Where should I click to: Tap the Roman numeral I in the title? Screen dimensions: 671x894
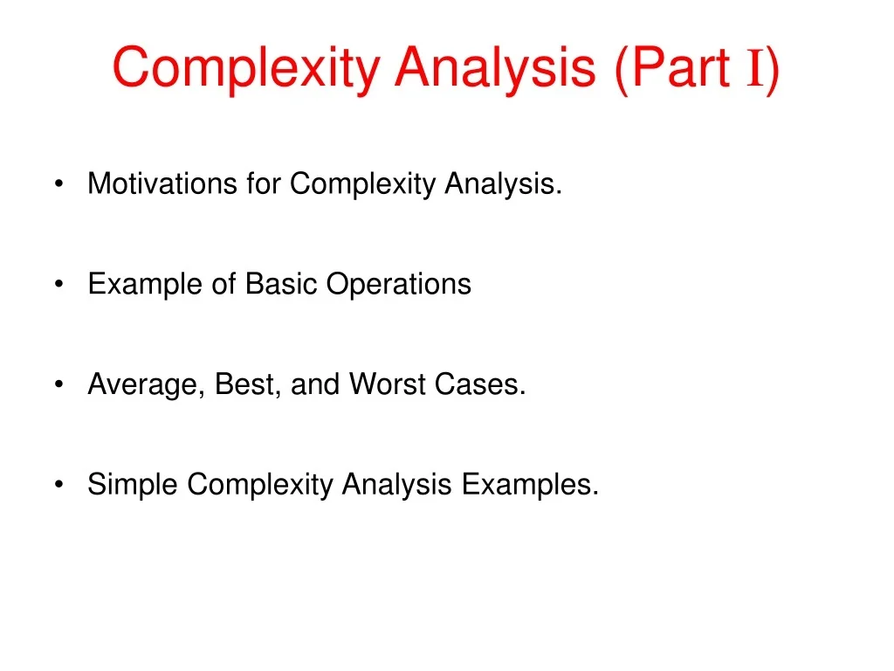click(x=755, y=68)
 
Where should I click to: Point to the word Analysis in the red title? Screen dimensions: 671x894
click(x=494, y=68)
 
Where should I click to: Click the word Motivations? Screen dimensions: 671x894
click(x=162, y=184)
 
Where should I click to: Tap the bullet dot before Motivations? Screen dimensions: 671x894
click(x=58, y=185)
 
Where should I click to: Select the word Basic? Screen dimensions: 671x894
click(x=282, y=285)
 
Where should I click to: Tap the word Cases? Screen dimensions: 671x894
click(x=479, y=385)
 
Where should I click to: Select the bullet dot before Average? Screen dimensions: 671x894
click(x=58, y=385)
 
